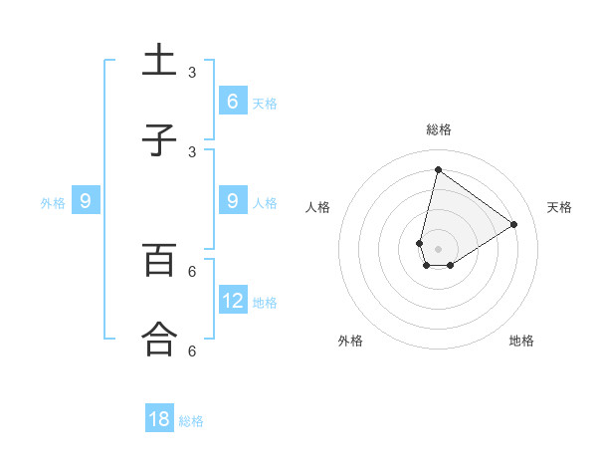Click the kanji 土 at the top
click(159, 61)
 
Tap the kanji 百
click(159, 260)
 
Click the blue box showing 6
click(232, 101)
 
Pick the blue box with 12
click(232, 300)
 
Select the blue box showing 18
click(159, 419)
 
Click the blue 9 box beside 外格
click(86, 201)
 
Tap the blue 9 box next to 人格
click(232, 201)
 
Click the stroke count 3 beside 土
click(192, 73)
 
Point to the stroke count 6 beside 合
click(192, 351)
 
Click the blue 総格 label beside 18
click(191, 421)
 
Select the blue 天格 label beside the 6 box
click(265, 103)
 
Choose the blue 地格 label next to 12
click(265, 302)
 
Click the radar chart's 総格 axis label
click(439, 129)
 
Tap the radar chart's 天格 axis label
click(559, 207)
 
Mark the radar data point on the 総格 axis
click(438, 169)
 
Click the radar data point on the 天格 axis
click(513, 225)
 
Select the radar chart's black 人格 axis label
click(317, 207)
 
